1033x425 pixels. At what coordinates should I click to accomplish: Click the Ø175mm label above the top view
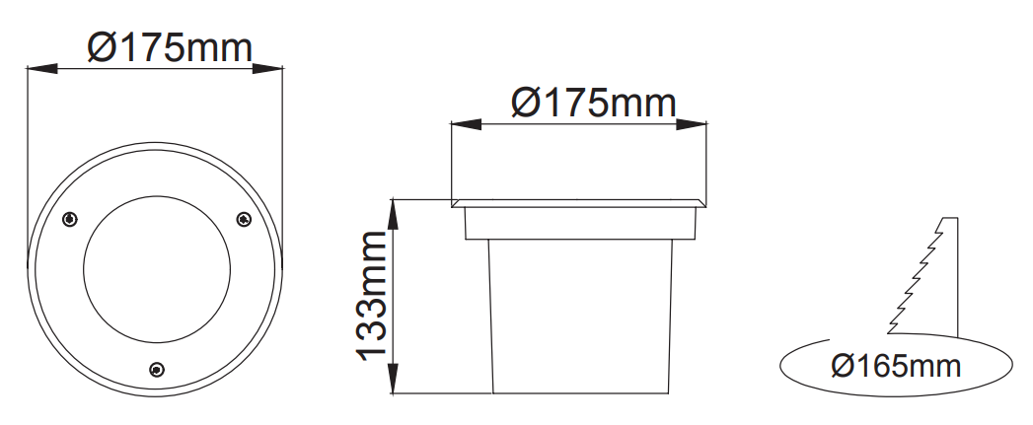(170, 48)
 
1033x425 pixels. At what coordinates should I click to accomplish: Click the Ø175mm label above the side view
(594, 103)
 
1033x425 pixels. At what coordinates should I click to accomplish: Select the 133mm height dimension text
(372, 297)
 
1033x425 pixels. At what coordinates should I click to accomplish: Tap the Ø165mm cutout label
(896, 366)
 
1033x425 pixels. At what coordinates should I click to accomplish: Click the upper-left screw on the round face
(69, 220)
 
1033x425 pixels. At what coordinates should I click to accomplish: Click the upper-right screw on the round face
(244, 220)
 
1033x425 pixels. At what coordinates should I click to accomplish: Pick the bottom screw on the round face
(157, 370)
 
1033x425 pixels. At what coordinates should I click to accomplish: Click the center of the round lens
(157, 269)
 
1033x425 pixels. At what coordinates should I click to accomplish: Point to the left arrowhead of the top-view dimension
(41, 68)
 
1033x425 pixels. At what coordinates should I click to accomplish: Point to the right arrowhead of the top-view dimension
(268, 68)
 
